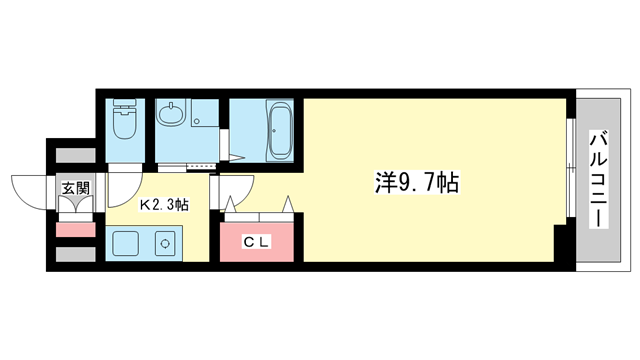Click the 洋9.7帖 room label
click(404, 183)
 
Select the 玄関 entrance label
click(75, 188)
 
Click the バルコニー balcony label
click(599, 180)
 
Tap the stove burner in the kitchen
click(164, 243)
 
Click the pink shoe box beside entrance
click(75, 230)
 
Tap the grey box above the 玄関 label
click(75, 155)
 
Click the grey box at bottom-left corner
click(75, 254)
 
